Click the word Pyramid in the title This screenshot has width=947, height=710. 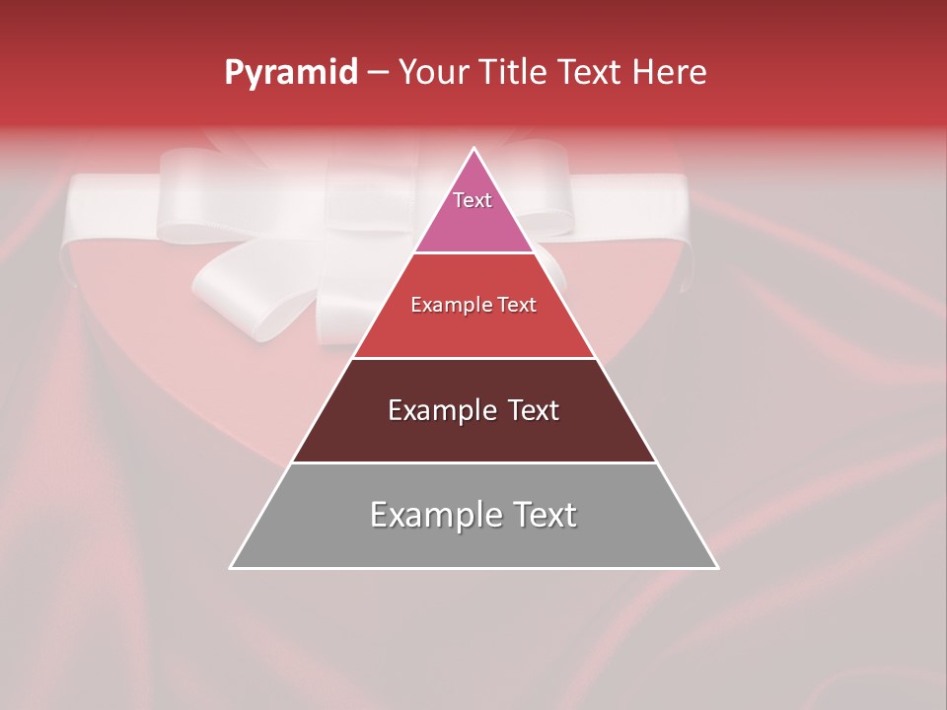click(x=290, y=73)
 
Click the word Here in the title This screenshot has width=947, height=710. click(x=670, y=72)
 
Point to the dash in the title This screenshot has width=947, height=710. click(x=377, y=73)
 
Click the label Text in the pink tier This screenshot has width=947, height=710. click(x=473, y=200)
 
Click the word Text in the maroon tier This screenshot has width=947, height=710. click(x=534, y=410)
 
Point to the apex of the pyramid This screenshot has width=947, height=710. click(x=474, y=149)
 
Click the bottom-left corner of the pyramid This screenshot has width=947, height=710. click(x=232, y=567)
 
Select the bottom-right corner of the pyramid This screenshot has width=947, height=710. click(x=716, y=567)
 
